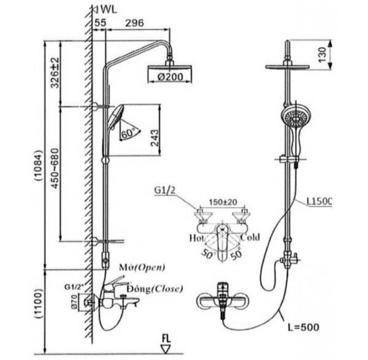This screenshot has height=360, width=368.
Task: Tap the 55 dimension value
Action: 100,23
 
